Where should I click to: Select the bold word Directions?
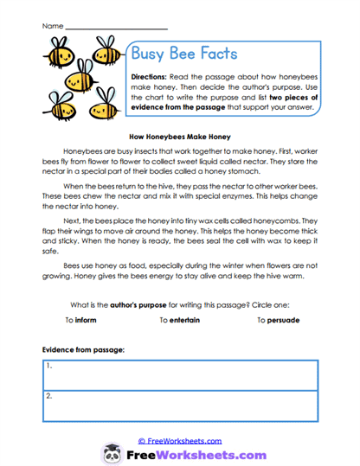click(x=153, y=77)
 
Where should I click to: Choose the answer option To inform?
click(x=80, y=320)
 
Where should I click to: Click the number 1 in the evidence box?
click(x=49, y=366)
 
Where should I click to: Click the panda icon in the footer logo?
click(x=112, y=453)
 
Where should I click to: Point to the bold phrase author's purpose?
click(x=138, y=304)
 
